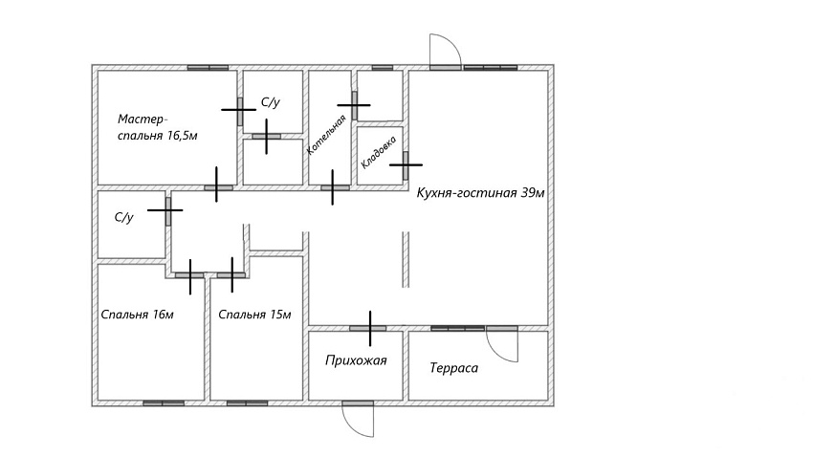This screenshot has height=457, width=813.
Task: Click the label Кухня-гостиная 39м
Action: pos(481,193)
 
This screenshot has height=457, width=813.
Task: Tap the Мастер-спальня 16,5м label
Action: pos(157,127)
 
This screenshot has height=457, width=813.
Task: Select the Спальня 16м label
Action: pos(137,315)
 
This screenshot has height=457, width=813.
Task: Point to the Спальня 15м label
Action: pos(254,315)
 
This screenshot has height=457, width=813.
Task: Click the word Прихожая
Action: pos(356,360)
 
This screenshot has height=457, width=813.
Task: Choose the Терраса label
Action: pos(453,368)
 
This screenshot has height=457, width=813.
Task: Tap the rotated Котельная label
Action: pos(326,135)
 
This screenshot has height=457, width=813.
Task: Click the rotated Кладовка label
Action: pos(379,152)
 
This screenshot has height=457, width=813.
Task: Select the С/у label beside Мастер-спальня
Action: pos(270,102)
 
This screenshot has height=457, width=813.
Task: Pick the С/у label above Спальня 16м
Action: pos(124,217)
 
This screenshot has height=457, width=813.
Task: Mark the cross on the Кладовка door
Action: pos(406,164)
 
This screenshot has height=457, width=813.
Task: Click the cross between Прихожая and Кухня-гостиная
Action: pos(370,328)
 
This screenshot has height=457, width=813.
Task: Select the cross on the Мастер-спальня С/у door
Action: pos(239,110)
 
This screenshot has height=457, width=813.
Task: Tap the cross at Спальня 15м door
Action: pos(231,275)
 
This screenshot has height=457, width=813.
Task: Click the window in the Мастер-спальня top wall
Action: pos(208,67)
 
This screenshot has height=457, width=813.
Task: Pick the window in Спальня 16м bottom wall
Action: pos(164,403)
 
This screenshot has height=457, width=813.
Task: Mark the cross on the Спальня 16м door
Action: pos(190,275)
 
